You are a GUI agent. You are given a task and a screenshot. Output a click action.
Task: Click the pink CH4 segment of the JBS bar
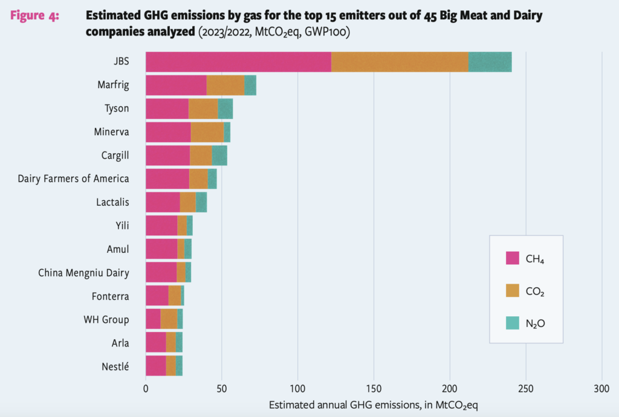[238, 62]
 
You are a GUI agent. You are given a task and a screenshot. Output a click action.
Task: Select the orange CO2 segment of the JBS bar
[400, 62]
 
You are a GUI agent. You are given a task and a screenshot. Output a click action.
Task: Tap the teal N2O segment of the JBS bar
[490, 62]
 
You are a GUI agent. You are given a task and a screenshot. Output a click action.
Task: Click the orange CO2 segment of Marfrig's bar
[225, 85]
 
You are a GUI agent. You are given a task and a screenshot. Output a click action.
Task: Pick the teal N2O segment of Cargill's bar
[219, 155]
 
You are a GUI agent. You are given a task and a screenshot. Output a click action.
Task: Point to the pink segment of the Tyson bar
[167, 109]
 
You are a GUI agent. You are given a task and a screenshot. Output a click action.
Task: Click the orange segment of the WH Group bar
[169, 319]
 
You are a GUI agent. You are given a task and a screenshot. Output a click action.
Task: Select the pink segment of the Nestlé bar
[155, 366]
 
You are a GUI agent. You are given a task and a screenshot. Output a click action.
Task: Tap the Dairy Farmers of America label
[73, 179]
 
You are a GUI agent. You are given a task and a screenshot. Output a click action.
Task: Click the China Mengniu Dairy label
[83, 273]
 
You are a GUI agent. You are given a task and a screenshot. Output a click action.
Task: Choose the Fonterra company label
[109, 296]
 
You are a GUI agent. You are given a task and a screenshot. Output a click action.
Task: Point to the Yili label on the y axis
[121, 226]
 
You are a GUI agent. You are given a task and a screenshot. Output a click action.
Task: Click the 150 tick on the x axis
[374, 389]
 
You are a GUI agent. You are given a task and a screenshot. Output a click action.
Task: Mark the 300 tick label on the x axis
[601, 389]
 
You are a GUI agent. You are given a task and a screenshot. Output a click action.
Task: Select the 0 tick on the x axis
[146, 389]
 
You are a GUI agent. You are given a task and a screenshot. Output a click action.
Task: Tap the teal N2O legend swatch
[513, 323]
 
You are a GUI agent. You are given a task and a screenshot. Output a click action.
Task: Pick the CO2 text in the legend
[535, 291]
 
